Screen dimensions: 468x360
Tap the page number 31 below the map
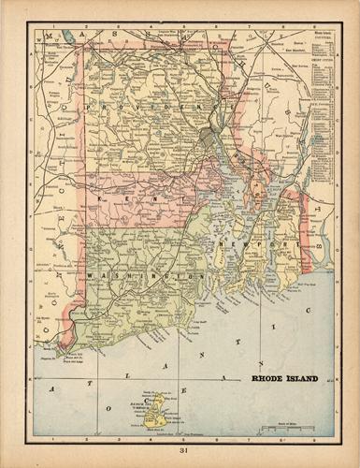180,457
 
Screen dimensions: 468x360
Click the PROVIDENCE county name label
154,110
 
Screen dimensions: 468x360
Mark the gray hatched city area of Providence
207,139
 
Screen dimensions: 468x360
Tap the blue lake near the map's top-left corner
65,38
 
